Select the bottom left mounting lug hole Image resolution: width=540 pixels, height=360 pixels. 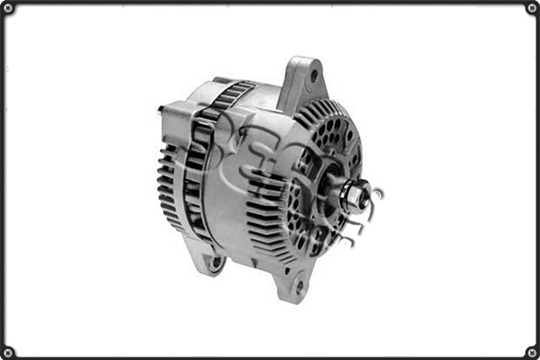(x=216, y=264)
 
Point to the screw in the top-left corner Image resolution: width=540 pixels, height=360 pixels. (x=7, y=7)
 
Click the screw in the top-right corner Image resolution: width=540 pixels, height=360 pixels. (x=532, y=7)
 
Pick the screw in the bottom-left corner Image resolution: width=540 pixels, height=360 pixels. (x=7, y=352)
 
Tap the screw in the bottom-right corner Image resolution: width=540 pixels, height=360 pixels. (x=532, y=352)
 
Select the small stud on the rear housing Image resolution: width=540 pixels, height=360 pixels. (x=162, y=110)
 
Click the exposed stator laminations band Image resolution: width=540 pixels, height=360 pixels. (x=202, y=162)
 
